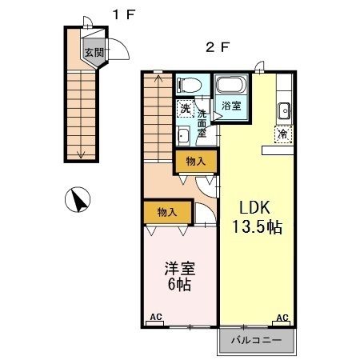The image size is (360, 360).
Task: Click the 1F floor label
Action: pyautogui.click(x=121, y=14)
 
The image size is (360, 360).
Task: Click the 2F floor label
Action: pyautogui.click(x=218, y=46)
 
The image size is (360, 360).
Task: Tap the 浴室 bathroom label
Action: pyautogui.click(x=230, y=104)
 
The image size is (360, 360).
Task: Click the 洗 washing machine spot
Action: pyautogui.click(x=185, y=109)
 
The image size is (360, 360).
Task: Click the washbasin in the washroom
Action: pyautogui.click(x=183, y=134)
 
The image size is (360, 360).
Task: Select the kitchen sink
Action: pyautogui.click(x=282, y=110)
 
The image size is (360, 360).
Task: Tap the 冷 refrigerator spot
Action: pyautogui.click(x=282, y=135)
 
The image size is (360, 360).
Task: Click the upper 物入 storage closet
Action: pyautogui.click(x=195, y=162)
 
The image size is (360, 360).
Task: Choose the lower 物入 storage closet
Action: pyautogui.click(x=167, y=212)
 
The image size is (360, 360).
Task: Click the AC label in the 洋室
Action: pyautogui.click(x=156, y=318)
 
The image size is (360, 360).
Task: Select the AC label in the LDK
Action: pyautogui.click(x=282, y=318)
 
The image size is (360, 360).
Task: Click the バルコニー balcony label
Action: pyautogui.click(x=256, y=341)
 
